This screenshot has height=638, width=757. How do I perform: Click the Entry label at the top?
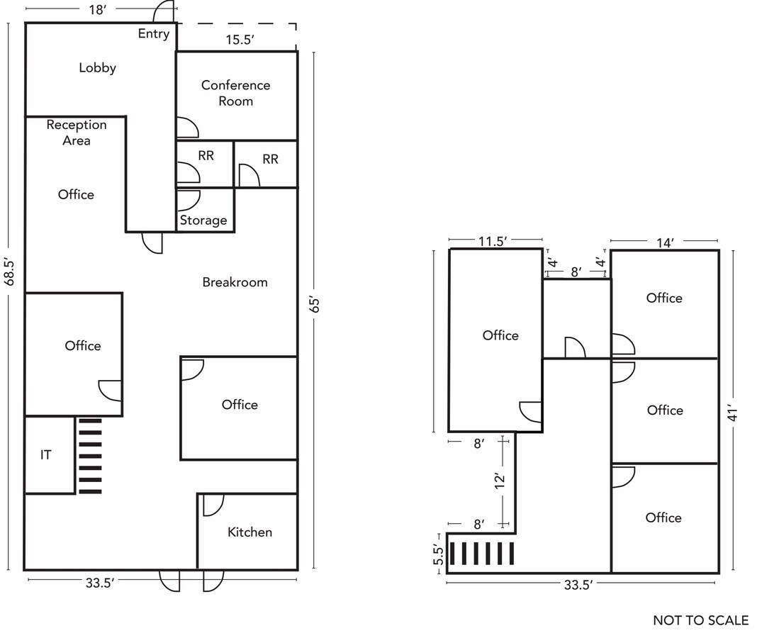point(154,33)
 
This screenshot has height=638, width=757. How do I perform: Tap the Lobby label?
point(97,68)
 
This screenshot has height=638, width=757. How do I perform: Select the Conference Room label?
point(235,93)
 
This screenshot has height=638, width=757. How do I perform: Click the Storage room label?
point(203,220)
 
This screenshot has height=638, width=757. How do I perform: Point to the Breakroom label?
point(235,282)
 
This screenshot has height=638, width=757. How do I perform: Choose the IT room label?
point(45,455)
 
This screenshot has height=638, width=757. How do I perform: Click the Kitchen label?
point(249,532)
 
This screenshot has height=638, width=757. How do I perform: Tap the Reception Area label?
point(77,133)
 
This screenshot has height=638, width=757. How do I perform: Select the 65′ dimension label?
point(315,305)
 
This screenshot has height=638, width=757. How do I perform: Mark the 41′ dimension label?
point(734,413)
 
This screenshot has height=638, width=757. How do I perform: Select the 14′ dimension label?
point(663,242)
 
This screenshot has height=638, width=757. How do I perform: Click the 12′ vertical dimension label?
point(500,481)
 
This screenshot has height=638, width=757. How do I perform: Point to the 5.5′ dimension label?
point(438,554)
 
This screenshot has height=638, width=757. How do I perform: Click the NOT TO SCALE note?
point(700,620)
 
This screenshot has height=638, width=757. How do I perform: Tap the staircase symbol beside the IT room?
point(90,456)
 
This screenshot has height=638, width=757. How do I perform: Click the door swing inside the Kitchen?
point(213,505)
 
